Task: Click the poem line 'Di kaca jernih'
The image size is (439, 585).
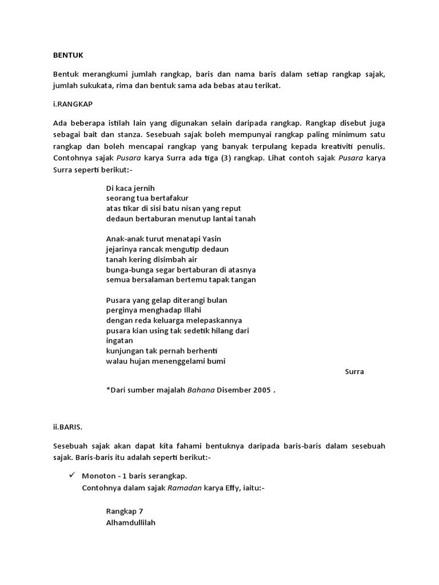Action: (130, 188)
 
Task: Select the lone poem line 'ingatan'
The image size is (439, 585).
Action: (119, 340)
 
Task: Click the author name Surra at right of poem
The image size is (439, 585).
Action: (354, 372)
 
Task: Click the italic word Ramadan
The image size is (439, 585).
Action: (185, 488)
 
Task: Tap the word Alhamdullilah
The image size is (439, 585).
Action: (131, 522)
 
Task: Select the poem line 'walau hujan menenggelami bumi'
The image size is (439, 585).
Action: (165, 361)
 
